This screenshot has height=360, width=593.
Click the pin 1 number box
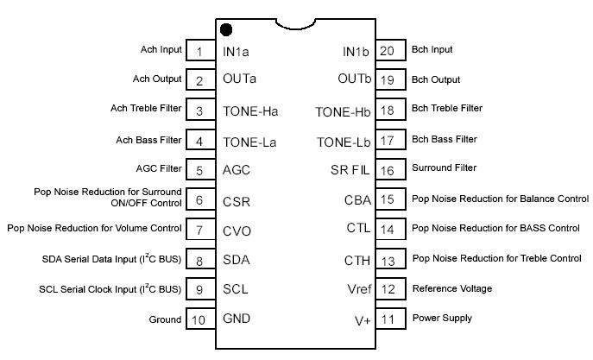click(199, 52)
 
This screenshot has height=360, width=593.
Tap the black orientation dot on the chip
click(226, 30)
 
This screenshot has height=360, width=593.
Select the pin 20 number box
click(387, 51)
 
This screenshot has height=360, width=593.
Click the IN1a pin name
click(237, 52)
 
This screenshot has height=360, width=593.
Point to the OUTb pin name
click(354, 79)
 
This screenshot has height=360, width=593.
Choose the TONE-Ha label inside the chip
click(250, 111)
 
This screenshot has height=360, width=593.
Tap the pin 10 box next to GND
click(199, 319)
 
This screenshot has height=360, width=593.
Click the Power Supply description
click(442, 318)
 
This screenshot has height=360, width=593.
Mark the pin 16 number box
click(387, 170)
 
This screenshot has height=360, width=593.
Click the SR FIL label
click(350, 170)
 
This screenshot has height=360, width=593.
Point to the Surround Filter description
click(445, 167)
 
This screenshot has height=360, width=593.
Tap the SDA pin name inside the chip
click(237, 260)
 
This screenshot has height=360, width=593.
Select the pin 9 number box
click(199, 290)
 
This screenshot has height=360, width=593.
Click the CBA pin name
click(357, 200)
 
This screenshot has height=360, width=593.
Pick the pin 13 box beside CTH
click(387, 260)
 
